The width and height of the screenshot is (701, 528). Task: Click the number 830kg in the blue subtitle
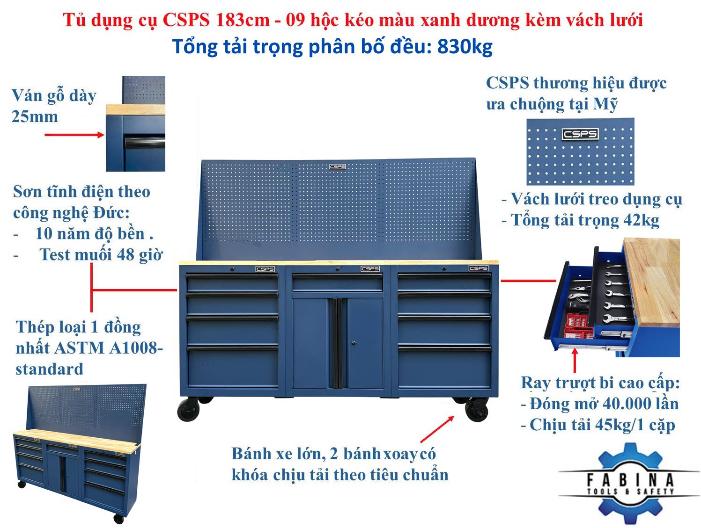click(x=465, y=47)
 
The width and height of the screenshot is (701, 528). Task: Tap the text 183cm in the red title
click(x=243, y=20)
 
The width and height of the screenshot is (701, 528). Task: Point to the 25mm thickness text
click(x=35, y=117)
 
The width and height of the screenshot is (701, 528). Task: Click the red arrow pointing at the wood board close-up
click(x=74, y=135)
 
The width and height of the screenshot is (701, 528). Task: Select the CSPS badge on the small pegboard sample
click(x=580, y=134)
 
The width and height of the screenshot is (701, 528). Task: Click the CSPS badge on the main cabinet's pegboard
click(x=337, y=167)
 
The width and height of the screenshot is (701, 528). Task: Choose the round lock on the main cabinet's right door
click(x=354, y=343)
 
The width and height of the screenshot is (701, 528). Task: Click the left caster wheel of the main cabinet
click(x=188, y=410)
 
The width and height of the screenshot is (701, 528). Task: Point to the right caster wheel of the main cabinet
click(x=477, y=410)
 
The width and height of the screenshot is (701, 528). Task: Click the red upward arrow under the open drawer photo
click(x=575, y=360)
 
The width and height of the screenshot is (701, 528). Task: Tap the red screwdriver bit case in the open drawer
click(x=577, y=325)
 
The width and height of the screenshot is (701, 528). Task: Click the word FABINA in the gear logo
click(x=630, y=479)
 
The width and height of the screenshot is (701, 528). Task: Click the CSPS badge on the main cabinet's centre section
click(x=370, y=269)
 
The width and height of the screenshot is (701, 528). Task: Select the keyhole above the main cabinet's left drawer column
click(x=232, y=269)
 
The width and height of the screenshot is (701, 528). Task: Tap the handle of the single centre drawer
click(x=337, y=276)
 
